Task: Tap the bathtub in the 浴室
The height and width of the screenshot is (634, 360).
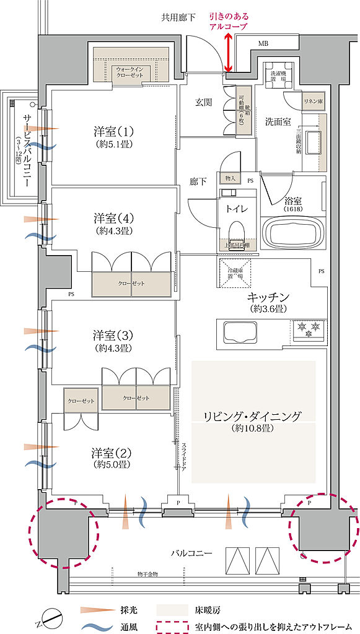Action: [292, 233]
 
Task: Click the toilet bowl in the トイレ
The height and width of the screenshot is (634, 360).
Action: [235, 233]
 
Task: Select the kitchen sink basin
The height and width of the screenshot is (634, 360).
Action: [239, 332]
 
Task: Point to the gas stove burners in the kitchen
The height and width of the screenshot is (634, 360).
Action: [308, 328]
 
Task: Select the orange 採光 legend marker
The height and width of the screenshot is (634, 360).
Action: [93, 610]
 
